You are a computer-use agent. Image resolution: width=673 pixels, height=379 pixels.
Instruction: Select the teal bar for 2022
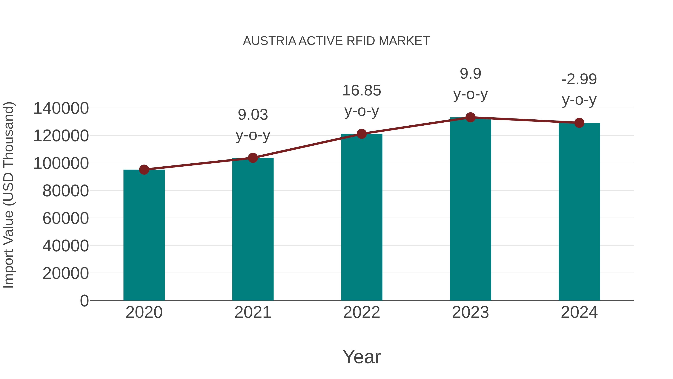362,217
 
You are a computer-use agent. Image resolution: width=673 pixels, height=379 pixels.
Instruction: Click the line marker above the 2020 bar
144,170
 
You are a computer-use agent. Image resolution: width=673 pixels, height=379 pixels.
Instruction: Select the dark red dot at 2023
471,117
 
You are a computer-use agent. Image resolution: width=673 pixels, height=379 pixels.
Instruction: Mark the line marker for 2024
579,123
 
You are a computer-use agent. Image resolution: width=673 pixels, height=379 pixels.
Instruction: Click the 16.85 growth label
362,91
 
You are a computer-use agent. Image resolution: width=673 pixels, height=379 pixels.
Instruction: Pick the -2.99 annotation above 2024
579,79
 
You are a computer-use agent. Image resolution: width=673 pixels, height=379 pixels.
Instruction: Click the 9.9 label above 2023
471,74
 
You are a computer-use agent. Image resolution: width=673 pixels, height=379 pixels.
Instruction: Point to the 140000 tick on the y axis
61,108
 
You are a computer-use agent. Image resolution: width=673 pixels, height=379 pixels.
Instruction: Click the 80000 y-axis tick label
66,191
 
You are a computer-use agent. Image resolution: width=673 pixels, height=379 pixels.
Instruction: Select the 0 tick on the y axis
84,301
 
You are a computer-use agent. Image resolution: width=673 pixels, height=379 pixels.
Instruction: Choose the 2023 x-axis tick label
471,312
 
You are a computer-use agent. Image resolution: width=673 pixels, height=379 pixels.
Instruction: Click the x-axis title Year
362,357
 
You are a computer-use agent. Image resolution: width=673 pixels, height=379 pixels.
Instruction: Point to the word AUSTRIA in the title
269,41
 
